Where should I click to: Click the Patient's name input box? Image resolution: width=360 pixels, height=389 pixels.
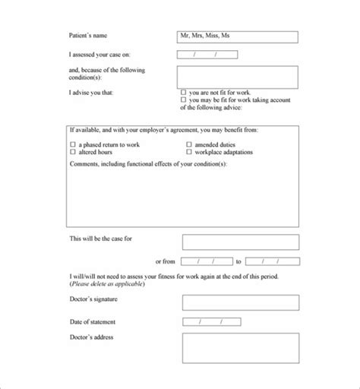click(x=237, y=36)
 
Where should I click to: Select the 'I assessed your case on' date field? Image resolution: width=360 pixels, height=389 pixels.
click(x=207, y=55)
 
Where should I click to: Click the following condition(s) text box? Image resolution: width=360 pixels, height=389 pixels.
click(x=237, y=77)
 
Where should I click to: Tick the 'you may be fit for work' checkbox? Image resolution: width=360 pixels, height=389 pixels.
click(x=184, y=100)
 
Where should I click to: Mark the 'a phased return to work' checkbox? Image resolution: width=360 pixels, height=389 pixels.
click(x=73, y=144)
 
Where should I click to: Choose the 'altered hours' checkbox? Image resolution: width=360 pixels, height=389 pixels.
click(x=73, y=152)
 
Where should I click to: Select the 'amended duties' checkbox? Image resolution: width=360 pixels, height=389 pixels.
click(x=189, y=144)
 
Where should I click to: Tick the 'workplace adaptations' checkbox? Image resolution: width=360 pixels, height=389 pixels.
click(x=189, y=152)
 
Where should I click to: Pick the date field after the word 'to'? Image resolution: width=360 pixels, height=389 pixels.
click(x=272, y=261)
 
